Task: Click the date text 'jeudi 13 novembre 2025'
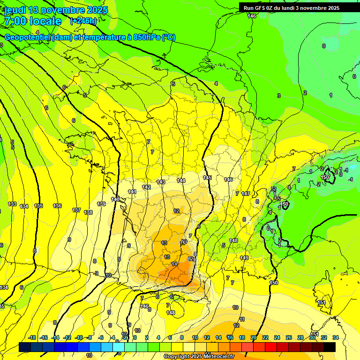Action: click(56, 10)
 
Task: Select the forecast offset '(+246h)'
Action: click(83, 21)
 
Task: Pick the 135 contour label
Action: click(38, 206)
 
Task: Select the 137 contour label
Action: click(76, 210)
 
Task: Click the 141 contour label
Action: click(132, 192)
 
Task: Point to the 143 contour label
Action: click(161, 182)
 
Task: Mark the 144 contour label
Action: click(181, 180)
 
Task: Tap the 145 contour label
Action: click(207, 178)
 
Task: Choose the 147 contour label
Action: click(246, 194)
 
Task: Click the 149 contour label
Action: click(244, 258)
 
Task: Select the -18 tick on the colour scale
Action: click(32, 337)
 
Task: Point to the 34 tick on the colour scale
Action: click(335, 337)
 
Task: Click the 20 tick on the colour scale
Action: click(254, 337)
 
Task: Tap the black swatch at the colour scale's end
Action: click(330, 347)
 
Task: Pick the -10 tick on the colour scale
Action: click(79, 337)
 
